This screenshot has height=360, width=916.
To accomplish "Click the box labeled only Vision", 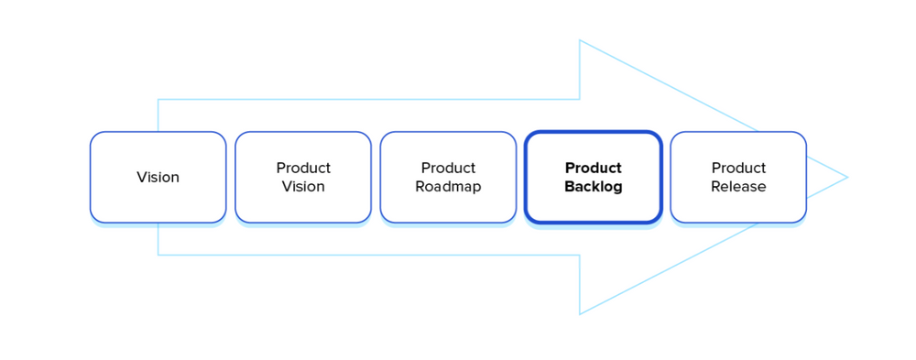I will coord(158,177).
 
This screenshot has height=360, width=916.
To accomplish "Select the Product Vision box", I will coord(303,177).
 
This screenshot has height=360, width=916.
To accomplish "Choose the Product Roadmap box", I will coord(448,177).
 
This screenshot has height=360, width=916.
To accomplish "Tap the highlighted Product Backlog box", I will coord(593,177).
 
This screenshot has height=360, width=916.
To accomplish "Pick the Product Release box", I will coord(738,177).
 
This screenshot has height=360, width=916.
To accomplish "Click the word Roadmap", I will coord(448,187).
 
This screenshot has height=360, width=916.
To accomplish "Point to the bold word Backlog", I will coord(593,187).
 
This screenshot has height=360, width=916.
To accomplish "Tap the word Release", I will coord(738,187).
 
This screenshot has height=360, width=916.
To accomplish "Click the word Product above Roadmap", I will coord(448,168).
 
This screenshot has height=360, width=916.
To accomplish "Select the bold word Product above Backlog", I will coord(593,168).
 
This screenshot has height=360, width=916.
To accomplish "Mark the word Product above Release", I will coord(738,168).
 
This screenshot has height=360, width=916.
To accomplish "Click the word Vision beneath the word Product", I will coord(303,187).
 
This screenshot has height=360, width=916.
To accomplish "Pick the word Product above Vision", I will coord(303,168).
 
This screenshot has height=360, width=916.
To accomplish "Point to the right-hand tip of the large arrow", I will coord(847,177).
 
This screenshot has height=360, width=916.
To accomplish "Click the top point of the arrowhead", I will coord(580,40).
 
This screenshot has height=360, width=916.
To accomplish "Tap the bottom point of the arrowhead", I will coord(580,314).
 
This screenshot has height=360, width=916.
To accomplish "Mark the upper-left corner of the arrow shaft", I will coord(158,99).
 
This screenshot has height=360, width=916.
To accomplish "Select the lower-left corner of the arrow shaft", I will coord(158,255).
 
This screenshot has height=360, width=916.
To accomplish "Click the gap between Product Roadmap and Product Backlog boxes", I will coord(520,177).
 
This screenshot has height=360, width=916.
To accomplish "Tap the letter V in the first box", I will coord(141,177).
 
